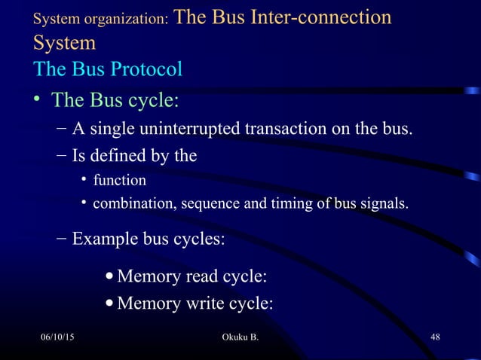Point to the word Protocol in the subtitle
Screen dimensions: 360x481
pos(146,69)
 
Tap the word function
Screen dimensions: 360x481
pos(119,181)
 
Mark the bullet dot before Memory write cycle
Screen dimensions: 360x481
pos(111,304)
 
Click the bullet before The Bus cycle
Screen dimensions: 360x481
pos(37,99)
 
